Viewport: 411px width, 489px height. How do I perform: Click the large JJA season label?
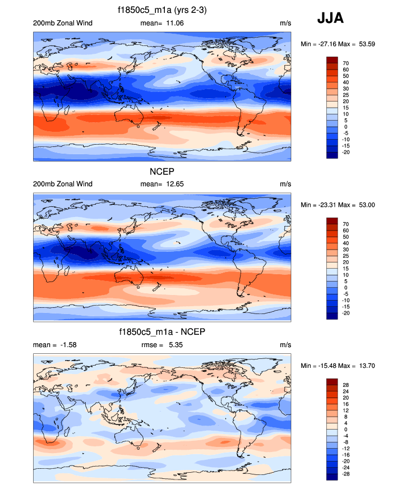click(x=331, y=19)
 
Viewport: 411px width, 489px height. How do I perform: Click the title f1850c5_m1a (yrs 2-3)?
click(x=162, y=10)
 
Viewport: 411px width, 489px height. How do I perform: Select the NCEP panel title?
click(x=162, y=172)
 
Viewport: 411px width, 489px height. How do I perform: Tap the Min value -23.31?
click(x=325, y=205)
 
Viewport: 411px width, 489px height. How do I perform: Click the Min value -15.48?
click(x=325, y=366)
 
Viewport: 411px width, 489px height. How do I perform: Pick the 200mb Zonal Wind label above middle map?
click(x=63, y=184)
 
